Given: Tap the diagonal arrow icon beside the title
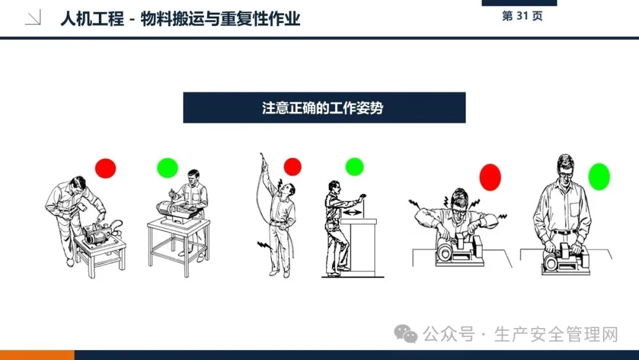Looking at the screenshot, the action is click(x=33, y=18).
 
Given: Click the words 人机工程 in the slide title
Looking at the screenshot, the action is click(x=92, y=19).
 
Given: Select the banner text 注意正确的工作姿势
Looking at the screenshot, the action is click(x=323, y=108).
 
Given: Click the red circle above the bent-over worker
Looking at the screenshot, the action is click(x=105, y=168).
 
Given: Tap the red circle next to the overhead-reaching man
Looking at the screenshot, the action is click(x=293, y=167).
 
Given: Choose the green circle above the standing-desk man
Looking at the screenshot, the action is click(x=354, y=167).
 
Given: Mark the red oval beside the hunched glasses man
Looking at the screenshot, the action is click(x=490, y=178).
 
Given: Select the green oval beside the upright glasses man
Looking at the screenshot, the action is click(x=599, y=176).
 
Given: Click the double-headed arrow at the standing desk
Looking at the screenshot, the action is click(x=352, y=213).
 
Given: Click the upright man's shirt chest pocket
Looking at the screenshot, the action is click(x=575, y=210).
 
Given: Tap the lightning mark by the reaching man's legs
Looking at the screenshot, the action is click(x=264, y=245).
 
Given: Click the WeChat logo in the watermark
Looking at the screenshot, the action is click(x=405, y=334).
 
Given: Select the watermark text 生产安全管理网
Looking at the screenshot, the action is click(x=556, y=335).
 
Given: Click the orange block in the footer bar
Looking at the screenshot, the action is click(x=37, y=355).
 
